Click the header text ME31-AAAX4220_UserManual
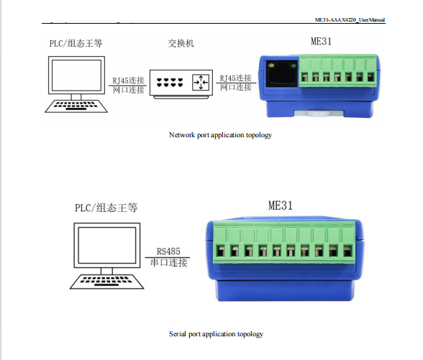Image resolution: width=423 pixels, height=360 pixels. tap(350, 19)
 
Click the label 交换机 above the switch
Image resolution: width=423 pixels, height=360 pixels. tap(181, 43)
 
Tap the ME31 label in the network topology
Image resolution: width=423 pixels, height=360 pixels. tap(321, 41)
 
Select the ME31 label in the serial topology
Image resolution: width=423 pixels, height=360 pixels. tap(281, 206)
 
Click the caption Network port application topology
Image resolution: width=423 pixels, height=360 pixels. tap(220, 135)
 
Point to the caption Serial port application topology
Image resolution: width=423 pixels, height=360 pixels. tap(216, 334)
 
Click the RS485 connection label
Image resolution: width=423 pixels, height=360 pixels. tap(168, 251)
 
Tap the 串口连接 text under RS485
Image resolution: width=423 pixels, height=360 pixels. tap(168, 262)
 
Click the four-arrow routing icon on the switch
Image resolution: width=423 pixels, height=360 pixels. tap(201, 82)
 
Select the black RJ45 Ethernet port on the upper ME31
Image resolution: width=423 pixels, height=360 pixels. tap(282, 74)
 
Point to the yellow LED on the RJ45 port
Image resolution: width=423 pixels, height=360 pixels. tap(271, 65)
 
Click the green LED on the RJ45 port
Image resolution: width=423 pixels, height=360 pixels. tap(293, 65)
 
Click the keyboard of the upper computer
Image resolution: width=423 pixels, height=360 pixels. tap(76, 106)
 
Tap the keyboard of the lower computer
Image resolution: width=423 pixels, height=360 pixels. tap(106, 282)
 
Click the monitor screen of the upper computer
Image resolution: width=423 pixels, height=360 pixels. tap(76, 75)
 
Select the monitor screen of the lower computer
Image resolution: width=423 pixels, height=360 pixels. tap(107, 245)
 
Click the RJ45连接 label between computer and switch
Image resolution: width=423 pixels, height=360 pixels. tap(128, 80)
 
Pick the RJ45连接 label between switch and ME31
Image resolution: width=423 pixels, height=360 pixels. tap(235, 78)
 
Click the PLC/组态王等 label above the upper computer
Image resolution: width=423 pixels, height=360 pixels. tap(76, 43)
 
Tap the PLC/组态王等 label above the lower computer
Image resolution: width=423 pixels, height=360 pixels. tap(106, 208)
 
